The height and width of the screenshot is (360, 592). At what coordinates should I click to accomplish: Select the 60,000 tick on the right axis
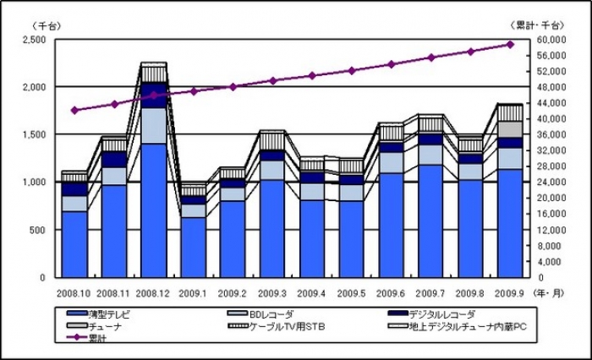[551, 40]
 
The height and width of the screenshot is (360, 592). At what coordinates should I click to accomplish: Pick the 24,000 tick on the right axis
[551, 182]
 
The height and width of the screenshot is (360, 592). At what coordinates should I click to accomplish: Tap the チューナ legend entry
[97, 325]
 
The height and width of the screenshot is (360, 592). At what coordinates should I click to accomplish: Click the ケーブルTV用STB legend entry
[276, 325]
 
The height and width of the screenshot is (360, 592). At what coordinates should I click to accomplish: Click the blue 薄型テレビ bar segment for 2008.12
[154, 211]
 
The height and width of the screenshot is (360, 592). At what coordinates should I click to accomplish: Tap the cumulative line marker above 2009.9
[510, 45]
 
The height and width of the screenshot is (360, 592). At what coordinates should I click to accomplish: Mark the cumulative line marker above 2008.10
[74, 110]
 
